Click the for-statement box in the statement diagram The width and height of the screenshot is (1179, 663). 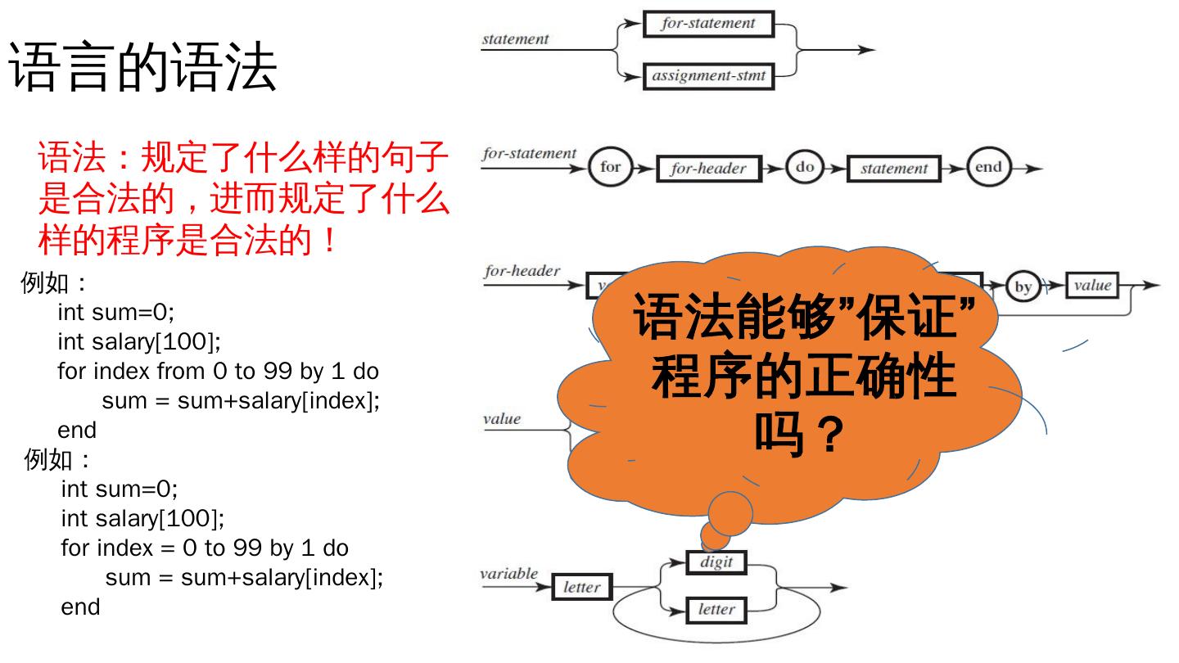[708, 24]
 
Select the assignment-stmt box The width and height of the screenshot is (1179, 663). [708, 77]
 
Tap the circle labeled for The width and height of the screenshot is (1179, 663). [611, 168]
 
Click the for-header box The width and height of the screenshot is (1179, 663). [708, 169]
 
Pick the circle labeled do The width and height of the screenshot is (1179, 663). [805, 167]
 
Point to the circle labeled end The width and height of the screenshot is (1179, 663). [988, 167]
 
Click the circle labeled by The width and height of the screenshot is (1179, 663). [1023, 286]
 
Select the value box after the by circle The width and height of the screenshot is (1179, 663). [1092, 285]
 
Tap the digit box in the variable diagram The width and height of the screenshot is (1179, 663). [716, 562]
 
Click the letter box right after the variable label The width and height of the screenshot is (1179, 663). [581, 587]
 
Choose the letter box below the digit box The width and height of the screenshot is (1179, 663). [716, 609]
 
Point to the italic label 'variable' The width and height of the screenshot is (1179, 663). [508, 574]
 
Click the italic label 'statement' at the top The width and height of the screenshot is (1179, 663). [515, 39]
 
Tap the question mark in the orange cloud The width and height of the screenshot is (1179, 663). [831, 435]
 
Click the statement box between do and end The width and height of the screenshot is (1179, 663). [893, 169]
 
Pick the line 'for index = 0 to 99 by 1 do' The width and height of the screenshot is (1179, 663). [205, 548]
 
